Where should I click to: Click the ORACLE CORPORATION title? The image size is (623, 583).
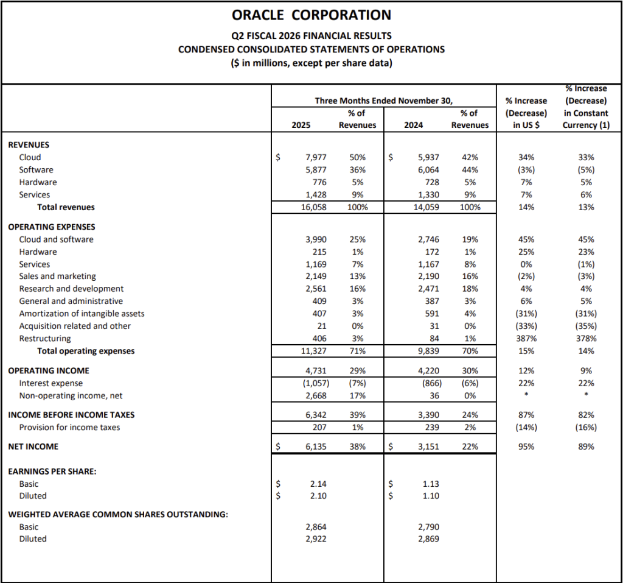point(311,15)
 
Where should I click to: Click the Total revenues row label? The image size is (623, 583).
point(66,207)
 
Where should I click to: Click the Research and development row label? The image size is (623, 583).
point(71,289)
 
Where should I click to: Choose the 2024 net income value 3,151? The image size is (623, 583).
point(428,447)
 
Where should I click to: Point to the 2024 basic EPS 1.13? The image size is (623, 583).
point(431,484)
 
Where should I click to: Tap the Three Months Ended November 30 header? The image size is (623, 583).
point(383,101)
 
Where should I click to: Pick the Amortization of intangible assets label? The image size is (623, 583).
point(82,314)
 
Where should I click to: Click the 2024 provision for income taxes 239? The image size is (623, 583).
point(431,428)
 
